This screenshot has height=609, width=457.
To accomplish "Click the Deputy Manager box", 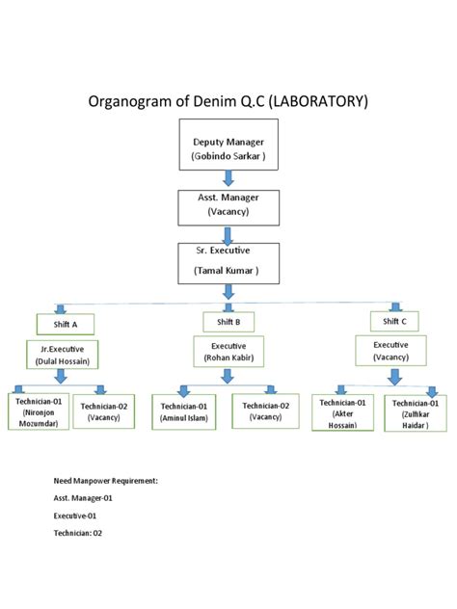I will pos(228,144).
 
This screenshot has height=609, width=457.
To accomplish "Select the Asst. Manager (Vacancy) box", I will pos(228,205).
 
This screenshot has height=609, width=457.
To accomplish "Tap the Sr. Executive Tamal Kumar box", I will pos(228,262).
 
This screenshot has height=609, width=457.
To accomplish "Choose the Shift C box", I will pos(394,321).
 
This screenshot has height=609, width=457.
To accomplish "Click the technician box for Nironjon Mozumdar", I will pos(39,411).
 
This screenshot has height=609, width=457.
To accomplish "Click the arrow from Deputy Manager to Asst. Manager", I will pos(228,178).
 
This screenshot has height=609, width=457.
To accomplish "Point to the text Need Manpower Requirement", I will pos(105,479).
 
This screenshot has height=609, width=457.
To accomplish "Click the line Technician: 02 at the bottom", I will pos(78,532).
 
